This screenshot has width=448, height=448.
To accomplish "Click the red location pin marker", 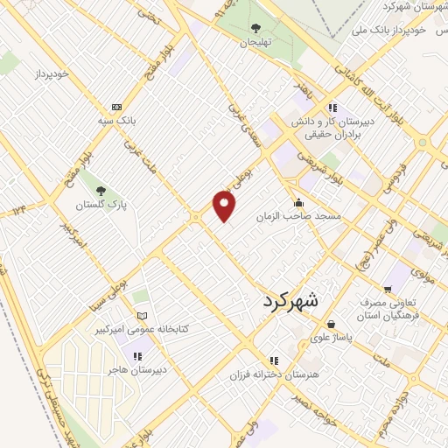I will tap(225, 206).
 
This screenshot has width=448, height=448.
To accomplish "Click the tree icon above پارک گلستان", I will tap(101, 190).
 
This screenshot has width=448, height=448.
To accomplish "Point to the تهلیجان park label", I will tap(257, 42).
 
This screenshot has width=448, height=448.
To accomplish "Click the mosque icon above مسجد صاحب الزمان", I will tap(297, 202).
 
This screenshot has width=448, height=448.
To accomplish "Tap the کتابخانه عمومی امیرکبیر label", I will tap(143, 330).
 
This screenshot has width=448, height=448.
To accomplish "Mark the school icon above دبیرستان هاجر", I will tap(136, 355).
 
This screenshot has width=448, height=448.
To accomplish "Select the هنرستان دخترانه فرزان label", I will tap(274, 374).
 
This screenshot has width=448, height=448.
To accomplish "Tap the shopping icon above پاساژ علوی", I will tap(331, 324).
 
